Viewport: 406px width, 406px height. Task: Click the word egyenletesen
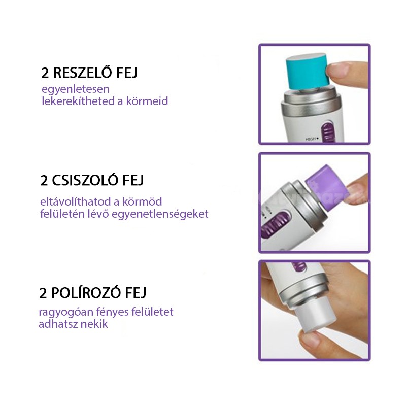[x=76, y=90]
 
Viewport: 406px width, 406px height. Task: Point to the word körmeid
[x=147, y=101]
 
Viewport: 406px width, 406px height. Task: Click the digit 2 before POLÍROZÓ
[x=43, y=293]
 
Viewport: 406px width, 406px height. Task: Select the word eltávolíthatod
[x=80, y=201]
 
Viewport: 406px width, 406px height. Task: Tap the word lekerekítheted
[x=78, y=101]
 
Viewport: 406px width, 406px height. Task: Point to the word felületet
[x=153, y=312]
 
